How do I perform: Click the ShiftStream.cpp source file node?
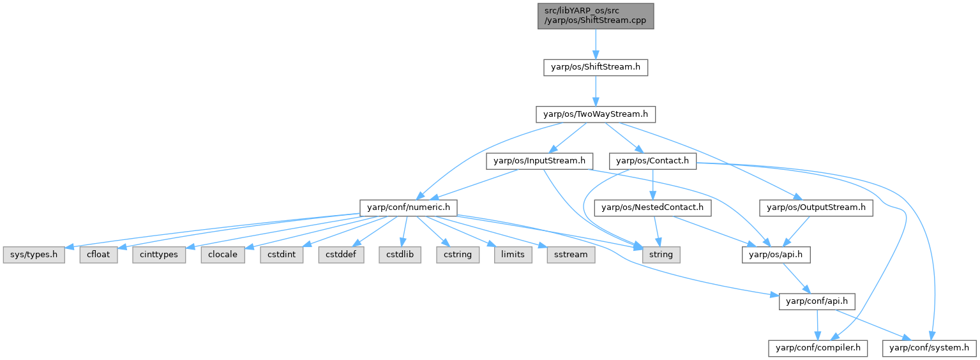point(596,15)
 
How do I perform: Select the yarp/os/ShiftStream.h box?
point(596,67)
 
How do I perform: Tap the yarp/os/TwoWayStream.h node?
point(596,114)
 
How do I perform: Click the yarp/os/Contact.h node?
point(652,161)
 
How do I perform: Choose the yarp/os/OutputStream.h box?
point(816,207)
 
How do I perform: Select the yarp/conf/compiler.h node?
point(817,348)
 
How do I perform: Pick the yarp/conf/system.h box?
point(929,348)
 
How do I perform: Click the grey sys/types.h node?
point(33,254)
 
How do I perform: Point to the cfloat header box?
point(99,254)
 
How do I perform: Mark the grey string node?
point(661,254)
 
